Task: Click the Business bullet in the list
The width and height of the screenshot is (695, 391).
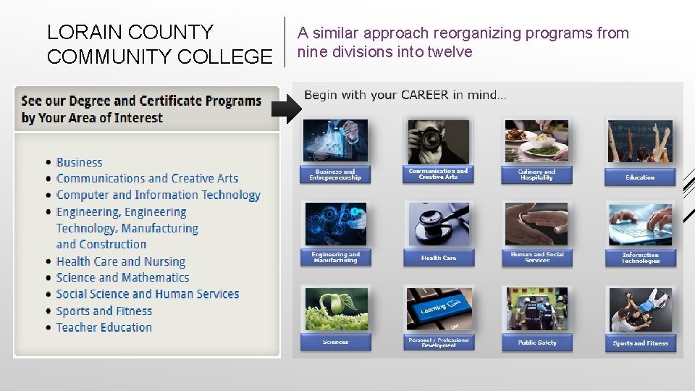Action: coord(79,163)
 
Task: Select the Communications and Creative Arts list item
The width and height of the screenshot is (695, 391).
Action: coord(147,178)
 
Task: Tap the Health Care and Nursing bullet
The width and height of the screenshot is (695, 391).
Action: coord(120,261)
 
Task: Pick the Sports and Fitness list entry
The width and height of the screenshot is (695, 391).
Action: coord(104,311)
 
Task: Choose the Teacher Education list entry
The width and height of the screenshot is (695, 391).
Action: coord(104,327)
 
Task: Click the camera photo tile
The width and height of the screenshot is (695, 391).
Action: coord(438,141)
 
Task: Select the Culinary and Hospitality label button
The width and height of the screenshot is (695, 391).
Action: coord(536,175)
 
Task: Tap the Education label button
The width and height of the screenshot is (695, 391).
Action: coord(640,177)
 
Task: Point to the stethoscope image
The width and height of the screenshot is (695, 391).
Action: coord(438,224)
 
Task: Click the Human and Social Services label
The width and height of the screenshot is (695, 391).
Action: coord(536,257)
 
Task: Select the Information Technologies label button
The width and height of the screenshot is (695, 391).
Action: coord(640,258)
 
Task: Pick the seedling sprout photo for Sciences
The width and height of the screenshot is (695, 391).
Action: coord(336,308)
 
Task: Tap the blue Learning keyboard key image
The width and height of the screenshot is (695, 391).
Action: coord(438,308)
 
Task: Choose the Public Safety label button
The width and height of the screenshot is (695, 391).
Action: coord(536,342)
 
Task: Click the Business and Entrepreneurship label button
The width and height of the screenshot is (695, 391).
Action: coord(335,175)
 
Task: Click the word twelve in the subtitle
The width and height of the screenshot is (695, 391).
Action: coord(450,52)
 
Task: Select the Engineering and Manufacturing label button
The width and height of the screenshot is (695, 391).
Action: coord(335,257)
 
